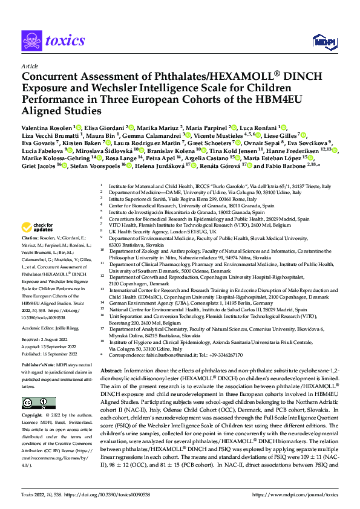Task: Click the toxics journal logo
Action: [53, 41]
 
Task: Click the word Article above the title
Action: [30, 66]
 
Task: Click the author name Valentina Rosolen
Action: [47, 128]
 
